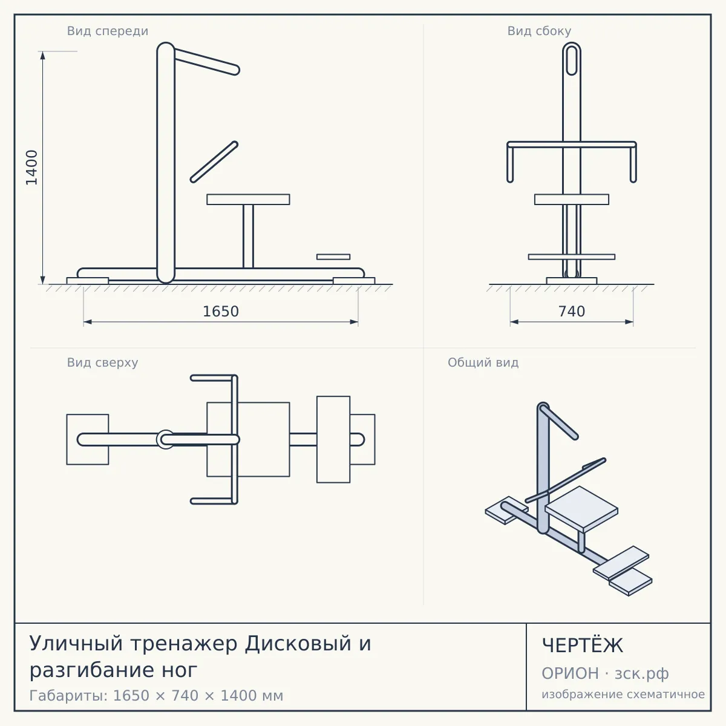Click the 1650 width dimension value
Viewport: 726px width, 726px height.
221,312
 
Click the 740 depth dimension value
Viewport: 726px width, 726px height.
572,312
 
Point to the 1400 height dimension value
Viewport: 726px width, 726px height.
32,168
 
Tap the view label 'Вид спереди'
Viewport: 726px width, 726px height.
108,31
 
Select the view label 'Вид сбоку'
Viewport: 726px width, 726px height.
539,31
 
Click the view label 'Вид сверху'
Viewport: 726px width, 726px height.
102,362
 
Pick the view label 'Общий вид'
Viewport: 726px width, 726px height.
483,362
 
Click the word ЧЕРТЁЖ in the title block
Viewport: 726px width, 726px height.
583,645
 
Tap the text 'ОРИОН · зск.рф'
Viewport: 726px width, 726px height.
605,673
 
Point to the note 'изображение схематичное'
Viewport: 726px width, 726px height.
623,694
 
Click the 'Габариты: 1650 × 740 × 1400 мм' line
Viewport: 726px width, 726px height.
156,696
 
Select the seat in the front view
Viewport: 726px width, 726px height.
248,199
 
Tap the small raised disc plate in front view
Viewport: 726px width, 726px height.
333,257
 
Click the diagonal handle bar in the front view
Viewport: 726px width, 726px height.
214,162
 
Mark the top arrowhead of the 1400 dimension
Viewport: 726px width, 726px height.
42,55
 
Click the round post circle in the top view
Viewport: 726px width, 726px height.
165,439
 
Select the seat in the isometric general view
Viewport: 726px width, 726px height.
581,508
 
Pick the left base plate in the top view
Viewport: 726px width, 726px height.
88,439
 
